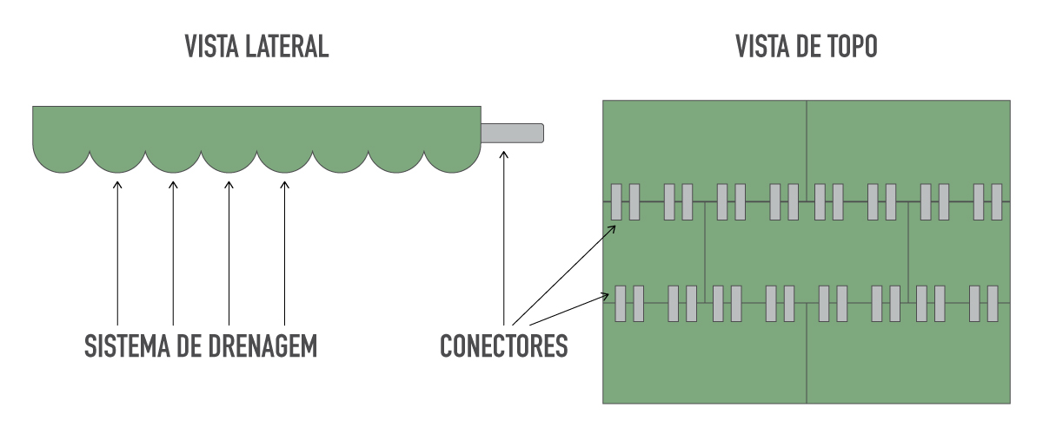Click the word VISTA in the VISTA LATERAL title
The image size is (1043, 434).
point(211,47)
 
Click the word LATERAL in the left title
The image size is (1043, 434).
point(286,47)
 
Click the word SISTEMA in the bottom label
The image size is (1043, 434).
point(127,346)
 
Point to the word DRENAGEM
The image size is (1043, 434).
point(262,346)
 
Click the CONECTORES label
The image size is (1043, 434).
point(504,346)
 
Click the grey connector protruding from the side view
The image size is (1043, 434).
point(512,133)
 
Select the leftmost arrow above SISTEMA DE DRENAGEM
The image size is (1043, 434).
point(117,253)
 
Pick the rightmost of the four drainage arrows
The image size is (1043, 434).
point(284,253)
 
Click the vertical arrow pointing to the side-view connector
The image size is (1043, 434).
point(504,238)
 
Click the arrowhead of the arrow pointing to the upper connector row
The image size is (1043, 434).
point(612,229)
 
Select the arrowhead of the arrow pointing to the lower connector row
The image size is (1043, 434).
point(605,296)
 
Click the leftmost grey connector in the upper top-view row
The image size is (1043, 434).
point(616,202)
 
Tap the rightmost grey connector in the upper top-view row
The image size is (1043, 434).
point(996,202)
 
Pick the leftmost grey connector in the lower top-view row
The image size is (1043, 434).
point(621,304)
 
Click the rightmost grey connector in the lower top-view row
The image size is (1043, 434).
point(993,304)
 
